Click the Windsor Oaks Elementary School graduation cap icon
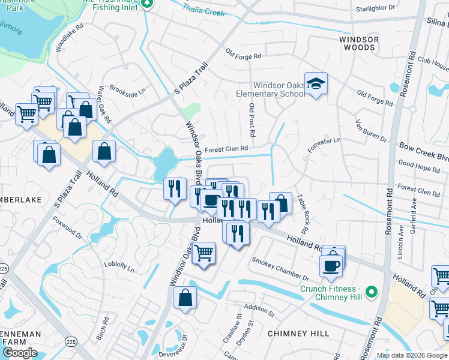316,83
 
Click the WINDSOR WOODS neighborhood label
359,43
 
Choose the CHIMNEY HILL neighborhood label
298,333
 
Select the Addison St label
259,310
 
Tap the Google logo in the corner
20,352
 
